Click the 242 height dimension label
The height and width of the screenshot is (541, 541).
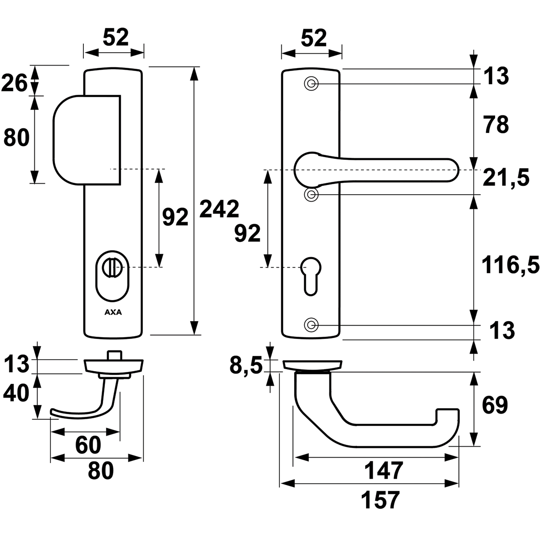click(219, 209)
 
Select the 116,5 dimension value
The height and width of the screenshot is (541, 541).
click(510, 265)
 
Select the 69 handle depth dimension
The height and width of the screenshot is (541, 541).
click(495, 405)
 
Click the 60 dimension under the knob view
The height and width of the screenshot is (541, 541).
click(88, 445)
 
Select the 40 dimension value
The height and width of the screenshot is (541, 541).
click(16, 393)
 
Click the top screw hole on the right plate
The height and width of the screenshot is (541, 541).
click(311, 84)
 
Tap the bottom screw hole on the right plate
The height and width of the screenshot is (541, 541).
click(311, 325)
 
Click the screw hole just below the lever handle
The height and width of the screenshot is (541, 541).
click(311, 195)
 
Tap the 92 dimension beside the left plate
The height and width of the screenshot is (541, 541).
click(175, 217)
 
